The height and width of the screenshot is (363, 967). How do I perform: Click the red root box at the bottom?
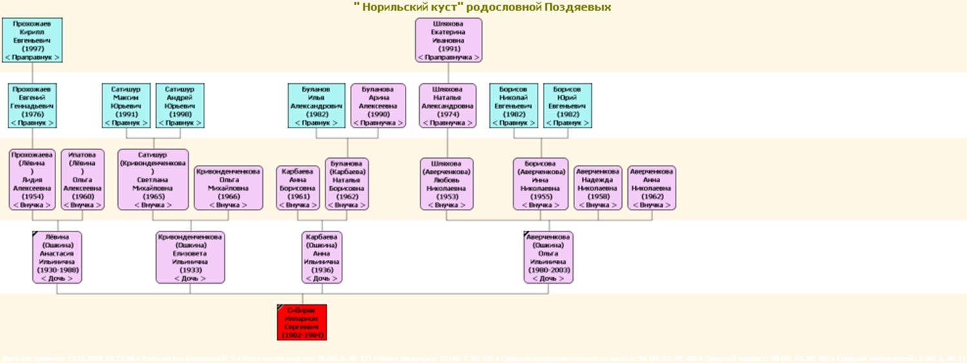pyautogui.click(x=302, y=322)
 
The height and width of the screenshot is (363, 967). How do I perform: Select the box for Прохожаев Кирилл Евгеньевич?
pyautogui.click(x=32, y=40)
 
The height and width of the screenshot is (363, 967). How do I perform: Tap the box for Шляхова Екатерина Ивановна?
pyautogui.click(x=449, y=40)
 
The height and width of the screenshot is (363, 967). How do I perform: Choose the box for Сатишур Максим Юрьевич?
pyautogui.click(x=126, y=105)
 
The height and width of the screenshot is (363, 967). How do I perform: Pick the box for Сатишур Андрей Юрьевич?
pyautogui.click(x=180, y=105)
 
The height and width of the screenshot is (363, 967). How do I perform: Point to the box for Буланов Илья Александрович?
pyautogui.click(x=317, y=105)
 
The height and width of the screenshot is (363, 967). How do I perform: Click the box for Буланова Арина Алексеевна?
pyautogui.click(x=378, y=105)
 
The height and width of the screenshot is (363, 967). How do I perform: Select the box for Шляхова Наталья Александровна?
pyautogui.click(x=447, y=105)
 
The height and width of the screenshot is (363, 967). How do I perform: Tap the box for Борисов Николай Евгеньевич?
pyautogui.click(x=514, y=105)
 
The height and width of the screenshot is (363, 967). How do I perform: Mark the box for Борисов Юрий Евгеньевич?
pyautogui.click(x=567, y=105)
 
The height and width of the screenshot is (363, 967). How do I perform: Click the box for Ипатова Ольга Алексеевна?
pyautogui.click(x=83, y=180)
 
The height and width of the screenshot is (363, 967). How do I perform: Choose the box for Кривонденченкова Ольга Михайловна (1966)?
pyautogui.click(x=228, y=188)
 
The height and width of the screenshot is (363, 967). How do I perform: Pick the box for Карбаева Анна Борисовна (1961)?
pyautogui.click(x=298, y=188)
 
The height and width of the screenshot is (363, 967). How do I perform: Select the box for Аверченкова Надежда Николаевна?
pyautogui.click(x=598, y=188)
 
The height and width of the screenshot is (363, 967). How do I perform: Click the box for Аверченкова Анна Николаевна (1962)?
pyautogui.click(x=652, y=188)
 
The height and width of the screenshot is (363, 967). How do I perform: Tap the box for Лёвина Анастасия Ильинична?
pyautogui.click(x=57, y=257)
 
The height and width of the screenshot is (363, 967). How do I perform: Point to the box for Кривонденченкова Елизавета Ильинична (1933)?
pyautogui.click(x=190, y=257)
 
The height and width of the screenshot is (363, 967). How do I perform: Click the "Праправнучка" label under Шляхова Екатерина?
pyautogui.click(x=449, y=57)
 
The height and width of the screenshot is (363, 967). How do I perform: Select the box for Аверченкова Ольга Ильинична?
pyautogui.click(x=549, y=257)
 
